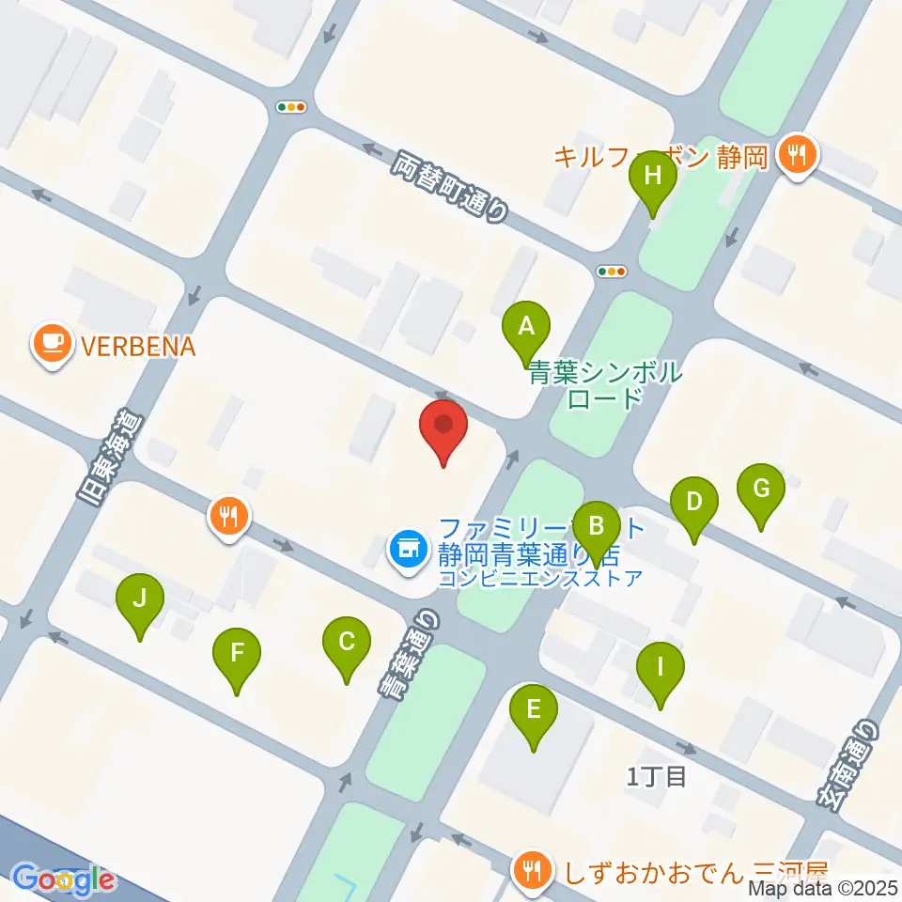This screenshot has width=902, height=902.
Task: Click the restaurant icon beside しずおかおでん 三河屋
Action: coord(533,869)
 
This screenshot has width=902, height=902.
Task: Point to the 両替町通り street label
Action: coord(449,187)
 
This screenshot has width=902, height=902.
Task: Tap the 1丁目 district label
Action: coord(658,776)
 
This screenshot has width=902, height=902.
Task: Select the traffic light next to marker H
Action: coord(612,272)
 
